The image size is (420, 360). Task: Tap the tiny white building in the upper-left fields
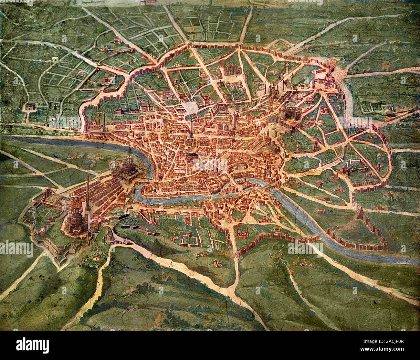54,59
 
